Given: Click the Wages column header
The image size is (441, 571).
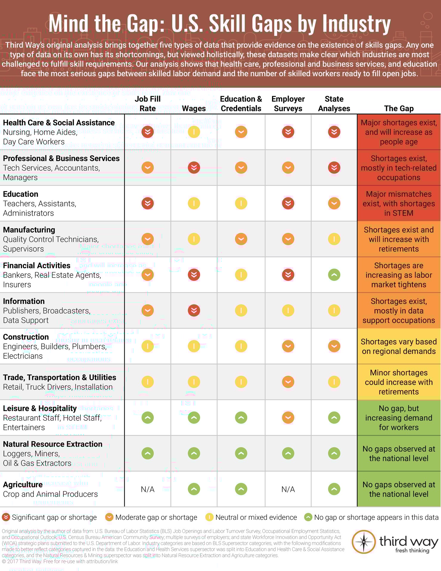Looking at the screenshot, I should (x=194, y=109).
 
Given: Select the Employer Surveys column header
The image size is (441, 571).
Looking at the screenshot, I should (x=288, y=104).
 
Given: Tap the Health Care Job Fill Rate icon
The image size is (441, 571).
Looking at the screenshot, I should (x=147, y=132).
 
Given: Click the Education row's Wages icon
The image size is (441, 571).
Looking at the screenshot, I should (x=194, y=203).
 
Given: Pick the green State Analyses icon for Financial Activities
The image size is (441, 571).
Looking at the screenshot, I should (x=334, y=275).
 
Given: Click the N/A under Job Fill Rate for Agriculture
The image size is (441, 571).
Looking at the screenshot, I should (x=147, y=489).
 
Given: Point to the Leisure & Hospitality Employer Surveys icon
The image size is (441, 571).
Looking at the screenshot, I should (x=288, y=417).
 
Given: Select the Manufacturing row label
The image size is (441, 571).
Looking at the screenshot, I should (x=29, y=230).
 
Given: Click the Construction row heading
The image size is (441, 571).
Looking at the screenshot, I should (x=26, y=337).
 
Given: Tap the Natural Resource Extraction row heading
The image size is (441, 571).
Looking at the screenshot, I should (x=52, y=444).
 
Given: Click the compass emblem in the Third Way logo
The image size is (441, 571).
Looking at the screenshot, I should (x=363, y=542).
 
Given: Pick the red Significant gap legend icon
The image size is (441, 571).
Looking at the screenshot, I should (x=6, y=517).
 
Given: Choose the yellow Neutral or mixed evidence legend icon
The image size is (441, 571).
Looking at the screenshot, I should (x=209, y=517).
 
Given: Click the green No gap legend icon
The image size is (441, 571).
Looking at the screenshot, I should (x=308, y=517).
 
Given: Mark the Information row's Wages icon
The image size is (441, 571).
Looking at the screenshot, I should (x=194, y=310).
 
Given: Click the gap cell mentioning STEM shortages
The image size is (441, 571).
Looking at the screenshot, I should (x=398, y=203).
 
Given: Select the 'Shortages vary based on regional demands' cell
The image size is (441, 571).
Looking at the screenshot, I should (x=398, y=346).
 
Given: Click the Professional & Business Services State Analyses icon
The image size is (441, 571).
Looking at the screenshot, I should (x=334, y=168).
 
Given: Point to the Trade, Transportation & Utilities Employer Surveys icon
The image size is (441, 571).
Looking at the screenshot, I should (x=288, y=382).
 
